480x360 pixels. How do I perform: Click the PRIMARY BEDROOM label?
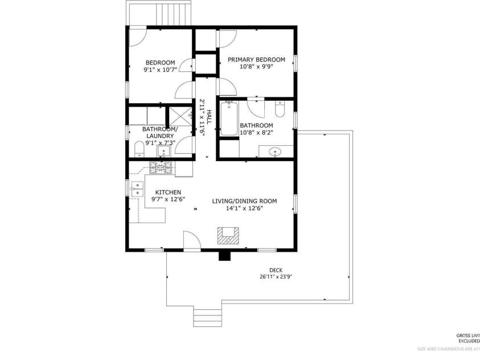tap(256, 59)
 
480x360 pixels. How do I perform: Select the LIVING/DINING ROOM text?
tap(244, 201)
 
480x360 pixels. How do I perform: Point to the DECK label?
tap(276, 270)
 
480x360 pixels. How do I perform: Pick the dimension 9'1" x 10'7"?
tap(160, 69)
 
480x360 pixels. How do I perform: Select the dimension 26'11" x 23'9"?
tap(276, 277)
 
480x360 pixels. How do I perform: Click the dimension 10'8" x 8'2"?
tap(256, 133)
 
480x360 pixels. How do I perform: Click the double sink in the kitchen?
tap(137, 189)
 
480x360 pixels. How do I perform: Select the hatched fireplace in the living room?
tap(228, 235)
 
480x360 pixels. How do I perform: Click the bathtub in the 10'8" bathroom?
tap(229, 118)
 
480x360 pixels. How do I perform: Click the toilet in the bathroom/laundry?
tap(138, 151)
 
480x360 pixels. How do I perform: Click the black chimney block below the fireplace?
tap(225, 256)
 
